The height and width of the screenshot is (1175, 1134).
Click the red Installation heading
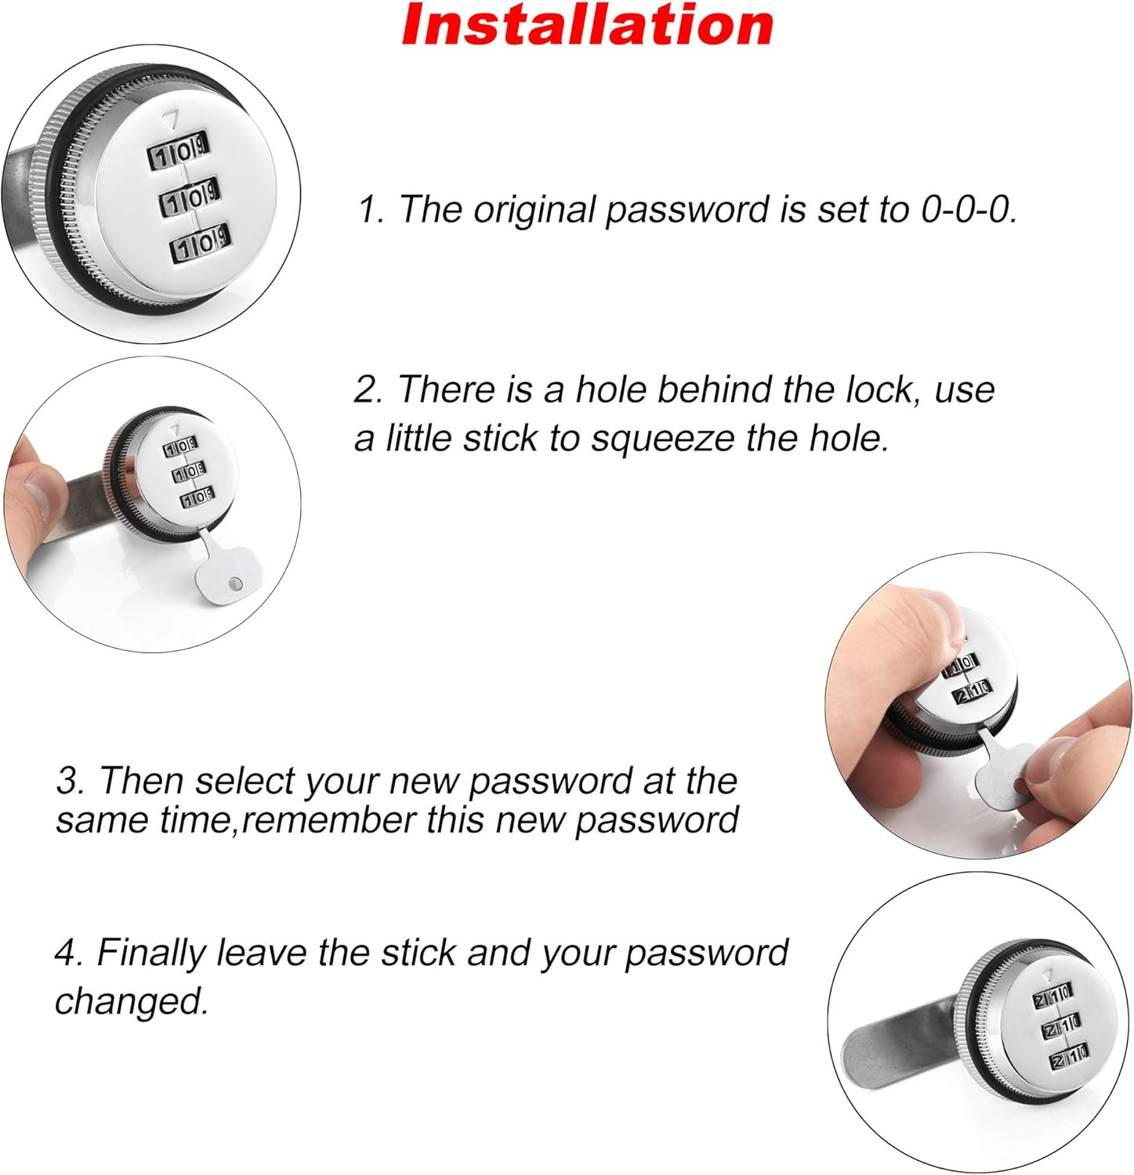pyautogui.click(x=587, y=25)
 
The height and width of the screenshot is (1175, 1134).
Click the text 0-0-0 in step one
pyautogui.click(x=968, y=209)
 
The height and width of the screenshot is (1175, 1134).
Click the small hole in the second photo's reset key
pyautogui.click(x=234, y=584)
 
